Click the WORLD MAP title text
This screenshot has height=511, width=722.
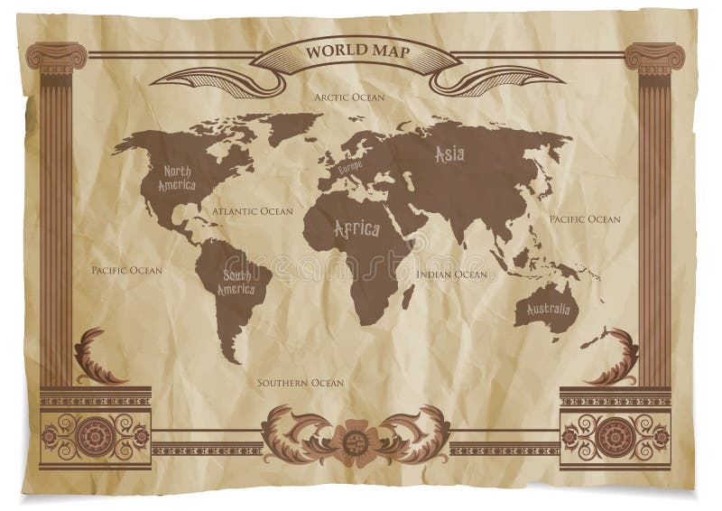(x=358, y=51)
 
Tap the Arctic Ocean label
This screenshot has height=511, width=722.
(x=349, y=96)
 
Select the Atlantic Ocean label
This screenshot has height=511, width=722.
(x=253, y=211)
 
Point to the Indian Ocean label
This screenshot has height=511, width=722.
(x=451, y=274)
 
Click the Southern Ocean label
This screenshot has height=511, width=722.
(x=301, y=383)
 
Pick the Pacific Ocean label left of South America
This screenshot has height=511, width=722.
(x=127, y=270)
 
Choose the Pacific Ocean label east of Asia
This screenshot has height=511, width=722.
(x=585, y=218)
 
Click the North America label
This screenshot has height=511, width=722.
(x=177, y=178)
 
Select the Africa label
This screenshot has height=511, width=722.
(x=357, y=229)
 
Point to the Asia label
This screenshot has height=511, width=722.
(x=449, y=154)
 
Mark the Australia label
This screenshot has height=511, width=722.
(x=543, y=311)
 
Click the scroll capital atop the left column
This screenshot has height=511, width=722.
(x=57, y=57)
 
